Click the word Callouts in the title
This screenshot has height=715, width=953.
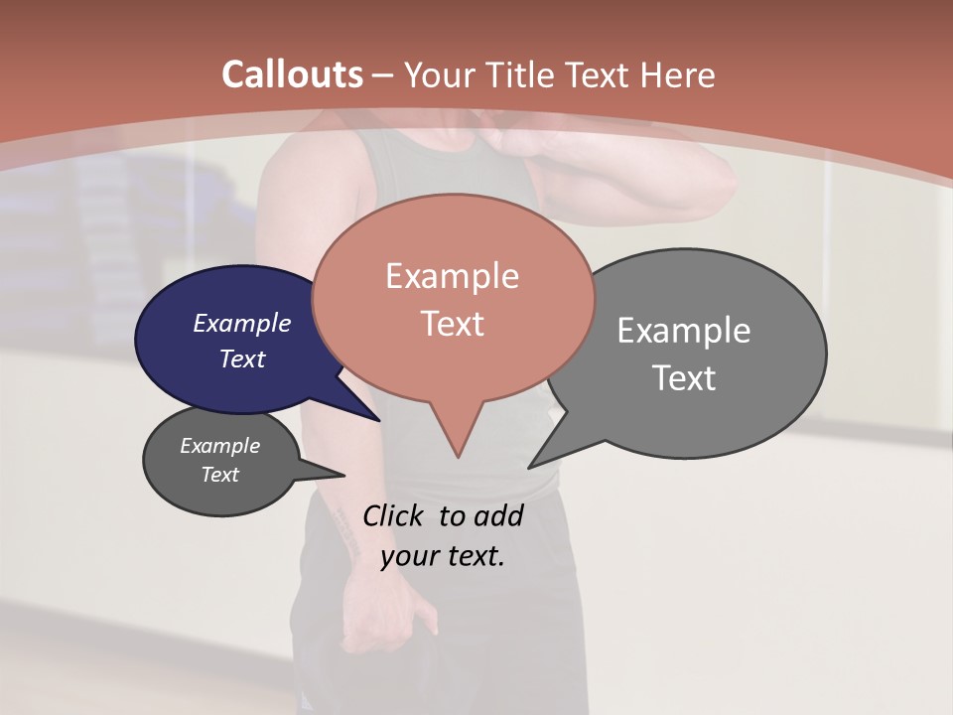pos(292,74)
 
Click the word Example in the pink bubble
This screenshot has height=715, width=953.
pos(452,276)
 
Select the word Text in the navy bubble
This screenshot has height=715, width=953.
pos(242,358)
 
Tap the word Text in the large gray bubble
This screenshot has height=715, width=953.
pos(684,377)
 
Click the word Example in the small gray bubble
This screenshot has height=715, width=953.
pos(219,446)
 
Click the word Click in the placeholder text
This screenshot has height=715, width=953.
pos(393,514)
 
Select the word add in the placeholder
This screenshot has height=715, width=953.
pos(498,514)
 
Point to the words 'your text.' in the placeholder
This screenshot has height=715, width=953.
pos(442,555)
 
